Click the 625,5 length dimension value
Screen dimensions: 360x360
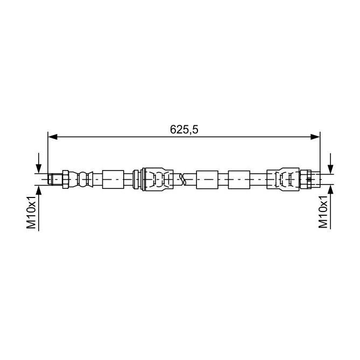(184, 130)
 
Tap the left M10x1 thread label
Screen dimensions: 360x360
(31, 213)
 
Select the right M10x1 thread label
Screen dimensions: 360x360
(323, 213)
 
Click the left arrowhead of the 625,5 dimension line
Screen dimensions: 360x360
(53, 137)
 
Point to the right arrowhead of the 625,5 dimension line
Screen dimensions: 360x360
(315, 137)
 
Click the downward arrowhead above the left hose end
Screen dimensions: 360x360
(39, 169)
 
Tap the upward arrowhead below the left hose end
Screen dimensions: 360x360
(39, 190)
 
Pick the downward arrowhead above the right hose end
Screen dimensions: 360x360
(330, 169)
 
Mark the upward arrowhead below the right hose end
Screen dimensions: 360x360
(330, 190)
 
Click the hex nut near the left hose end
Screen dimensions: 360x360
(66, 179)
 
